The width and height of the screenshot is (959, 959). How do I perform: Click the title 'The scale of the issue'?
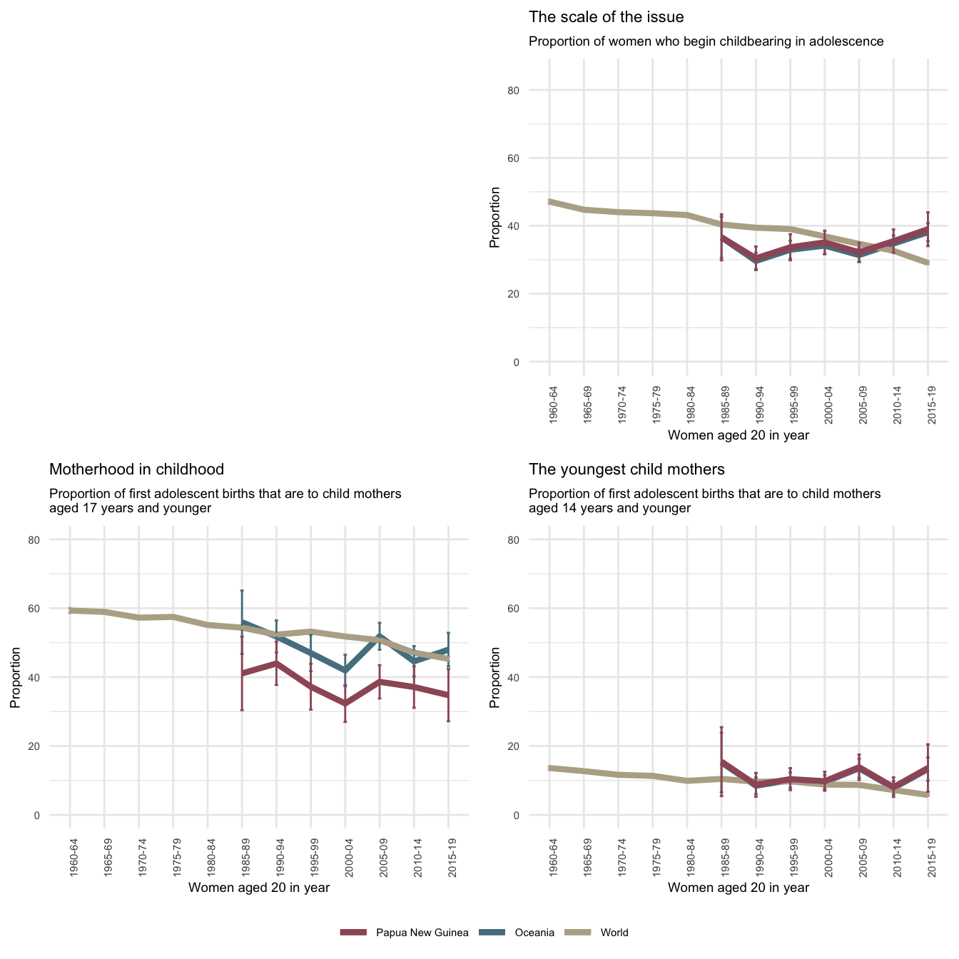606,17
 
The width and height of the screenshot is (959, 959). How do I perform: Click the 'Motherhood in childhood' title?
136,470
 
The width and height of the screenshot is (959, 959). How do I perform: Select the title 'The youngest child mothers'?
626,470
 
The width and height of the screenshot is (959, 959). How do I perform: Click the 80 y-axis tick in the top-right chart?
534,90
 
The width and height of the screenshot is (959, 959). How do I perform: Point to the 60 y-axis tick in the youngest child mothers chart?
534,609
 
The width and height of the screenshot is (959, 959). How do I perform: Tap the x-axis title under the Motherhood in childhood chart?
258,888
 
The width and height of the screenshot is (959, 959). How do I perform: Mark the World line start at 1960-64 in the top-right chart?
549,202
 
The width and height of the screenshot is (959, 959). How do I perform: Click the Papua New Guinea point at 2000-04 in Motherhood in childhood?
345,704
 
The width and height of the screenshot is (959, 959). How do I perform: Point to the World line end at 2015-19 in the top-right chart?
928,263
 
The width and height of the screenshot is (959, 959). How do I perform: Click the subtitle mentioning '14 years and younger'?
704,501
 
